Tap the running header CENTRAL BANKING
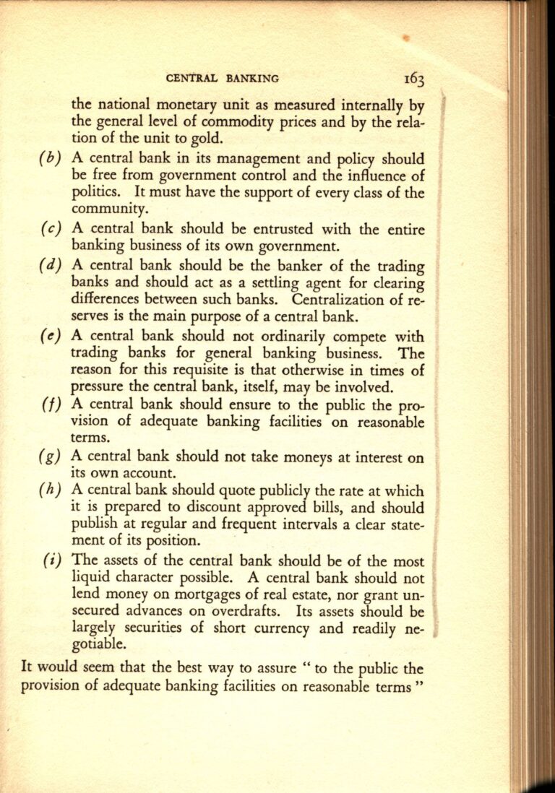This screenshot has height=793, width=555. (222, 78)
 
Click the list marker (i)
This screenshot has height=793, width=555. (52, 562)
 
